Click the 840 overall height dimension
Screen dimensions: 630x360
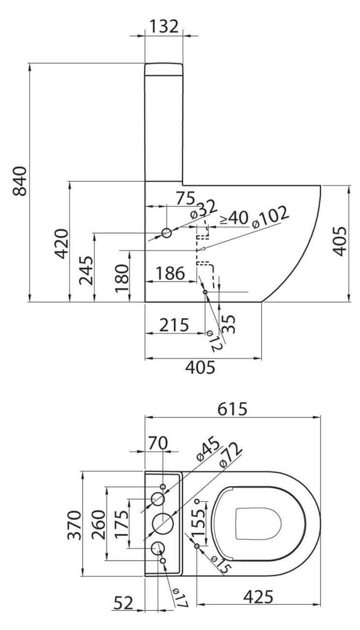21,180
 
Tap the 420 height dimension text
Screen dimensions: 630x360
61,242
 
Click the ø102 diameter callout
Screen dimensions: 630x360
269,217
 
